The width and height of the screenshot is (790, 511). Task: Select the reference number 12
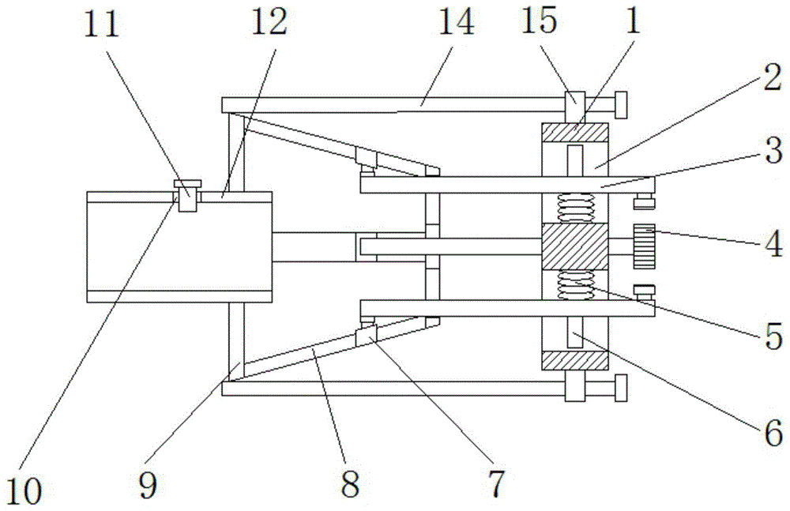point(269,24)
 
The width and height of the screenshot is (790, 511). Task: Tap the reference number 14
point(456,24)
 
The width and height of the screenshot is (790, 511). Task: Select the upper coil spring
point(574,209)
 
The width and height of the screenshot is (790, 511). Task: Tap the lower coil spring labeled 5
point(574,285)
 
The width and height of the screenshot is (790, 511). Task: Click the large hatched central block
point(574,246)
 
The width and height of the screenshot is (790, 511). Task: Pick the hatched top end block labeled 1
point(574,133)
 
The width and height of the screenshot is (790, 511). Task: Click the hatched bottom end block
point(574,360)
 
